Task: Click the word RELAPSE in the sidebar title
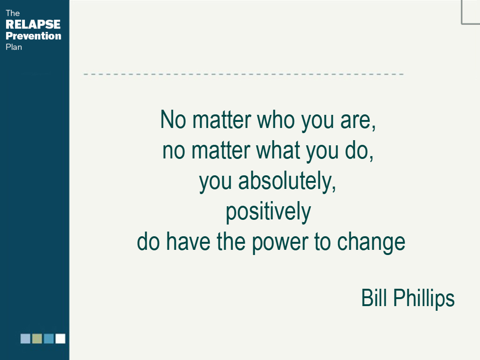point(33,24)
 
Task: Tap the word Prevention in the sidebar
point(33,36)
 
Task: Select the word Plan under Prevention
point(14,47)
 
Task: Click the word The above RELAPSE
point(13,13)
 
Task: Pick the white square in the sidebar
point(60,338)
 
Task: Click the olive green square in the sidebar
point(37,338)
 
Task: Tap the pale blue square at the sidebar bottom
point(25,338)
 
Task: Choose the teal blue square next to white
point(49,338)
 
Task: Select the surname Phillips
point(424,299)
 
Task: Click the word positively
point(269,212)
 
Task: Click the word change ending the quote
point(371,242)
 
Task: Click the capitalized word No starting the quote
point(173,120)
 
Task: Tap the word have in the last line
point(188,241)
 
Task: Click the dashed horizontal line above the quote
point(244,74)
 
